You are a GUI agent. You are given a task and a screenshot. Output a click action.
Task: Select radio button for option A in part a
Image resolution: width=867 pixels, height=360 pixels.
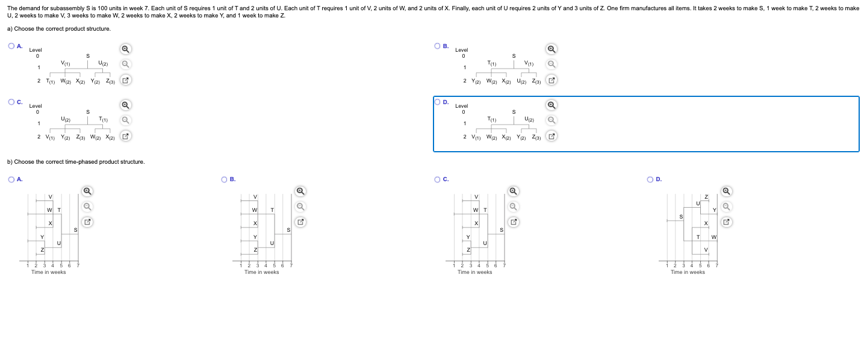tap(11, 46)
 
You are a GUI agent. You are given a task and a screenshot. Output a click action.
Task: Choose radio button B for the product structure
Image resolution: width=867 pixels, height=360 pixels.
tap(437, 46)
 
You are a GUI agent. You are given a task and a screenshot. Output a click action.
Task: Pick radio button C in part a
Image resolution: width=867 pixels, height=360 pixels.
tap(11, 102)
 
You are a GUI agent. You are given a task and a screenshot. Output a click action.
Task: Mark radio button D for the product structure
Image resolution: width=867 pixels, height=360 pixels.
tap(437, 102)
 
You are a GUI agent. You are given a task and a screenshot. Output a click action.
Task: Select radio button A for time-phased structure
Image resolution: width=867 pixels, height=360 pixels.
tap(11, 179)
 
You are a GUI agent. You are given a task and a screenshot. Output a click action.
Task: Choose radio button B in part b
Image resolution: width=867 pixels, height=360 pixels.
tap(224, 179)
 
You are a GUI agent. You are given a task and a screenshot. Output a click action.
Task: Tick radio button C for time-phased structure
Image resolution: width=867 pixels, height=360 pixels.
tap(437, 179)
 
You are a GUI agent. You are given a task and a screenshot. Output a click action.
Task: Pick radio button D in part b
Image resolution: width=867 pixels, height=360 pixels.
tap(650, 179)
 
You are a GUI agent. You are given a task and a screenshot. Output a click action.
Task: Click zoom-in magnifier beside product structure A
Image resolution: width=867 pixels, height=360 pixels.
tap(125, 49)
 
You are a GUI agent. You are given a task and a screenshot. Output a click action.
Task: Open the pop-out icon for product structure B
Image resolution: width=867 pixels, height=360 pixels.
tap(552, 81)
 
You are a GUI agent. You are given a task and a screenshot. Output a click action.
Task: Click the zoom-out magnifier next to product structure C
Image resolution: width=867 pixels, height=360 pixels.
tap(125, 120)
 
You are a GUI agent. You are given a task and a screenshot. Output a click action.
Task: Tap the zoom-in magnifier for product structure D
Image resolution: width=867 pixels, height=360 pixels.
tap(552, 105)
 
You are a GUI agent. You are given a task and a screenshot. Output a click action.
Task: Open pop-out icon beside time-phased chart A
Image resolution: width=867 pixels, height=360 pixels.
tap(87, 222)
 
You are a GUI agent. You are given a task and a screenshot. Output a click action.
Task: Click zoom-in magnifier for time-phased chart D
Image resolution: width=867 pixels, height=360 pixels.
tap(727, 191)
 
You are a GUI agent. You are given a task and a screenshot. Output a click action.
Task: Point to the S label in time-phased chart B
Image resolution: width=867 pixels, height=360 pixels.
tap(288, 230)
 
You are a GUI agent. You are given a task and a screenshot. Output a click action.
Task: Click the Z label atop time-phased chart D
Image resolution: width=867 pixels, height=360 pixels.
tap(706, 197)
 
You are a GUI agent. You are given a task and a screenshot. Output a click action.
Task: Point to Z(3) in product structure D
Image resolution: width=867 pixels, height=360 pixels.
tap(536, 137)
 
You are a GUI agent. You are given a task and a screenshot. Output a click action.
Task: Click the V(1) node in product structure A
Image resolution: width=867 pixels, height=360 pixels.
tap(66, 63)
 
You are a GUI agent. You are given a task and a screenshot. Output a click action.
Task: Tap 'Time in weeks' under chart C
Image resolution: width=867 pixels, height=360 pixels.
tap(474, 272)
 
